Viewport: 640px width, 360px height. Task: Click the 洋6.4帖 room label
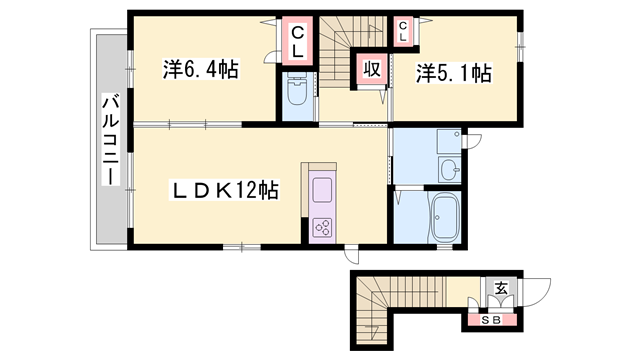click(200, 72)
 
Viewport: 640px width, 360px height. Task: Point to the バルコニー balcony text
click(109, 140)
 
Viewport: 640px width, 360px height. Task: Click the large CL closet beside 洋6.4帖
click(298, 43)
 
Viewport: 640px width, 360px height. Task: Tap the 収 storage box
click(371, 70)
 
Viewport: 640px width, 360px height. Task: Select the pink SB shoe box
click(490, 320)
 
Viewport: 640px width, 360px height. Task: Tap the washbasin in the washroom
click(450, 168)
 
